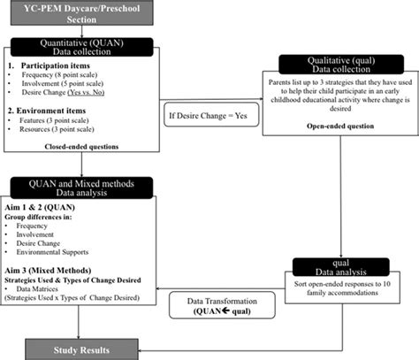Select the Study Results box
tap(82, 349)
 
